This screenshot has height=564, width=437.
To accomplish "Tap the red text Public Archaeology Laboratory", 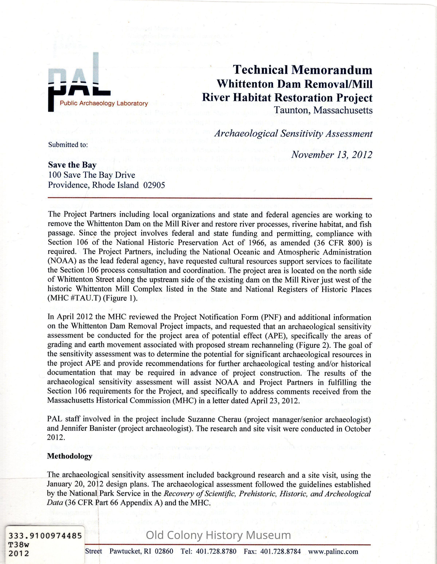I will [104, 104].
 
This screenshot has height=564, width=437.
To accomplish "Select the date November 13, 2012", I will [332, 154].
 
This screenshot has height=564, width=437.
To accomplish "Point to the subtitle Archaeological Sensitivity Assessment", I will [293, 134].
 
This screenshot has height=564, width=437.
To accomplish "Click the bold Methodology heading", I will [70, 456].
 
